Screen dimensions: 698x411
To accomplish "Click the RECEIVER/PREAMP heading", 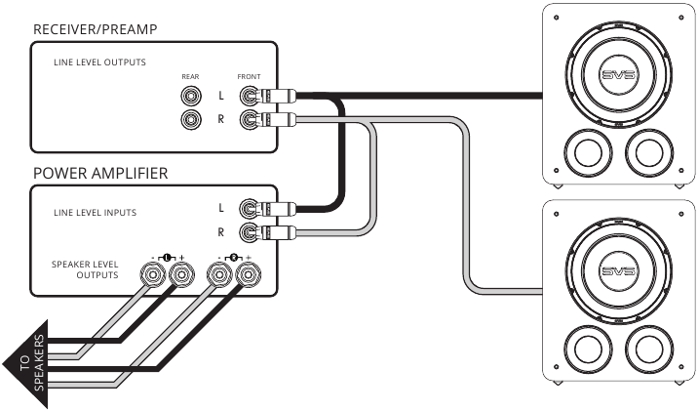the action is [96, 29].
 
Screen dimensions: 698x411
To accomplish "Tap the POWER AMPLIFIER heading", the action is [100, 173].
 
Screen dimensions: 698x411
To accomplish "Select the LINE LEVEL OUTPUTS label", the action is [99, 62].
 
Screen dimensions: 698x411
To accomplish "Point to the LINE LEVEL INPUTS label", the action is [95, 213].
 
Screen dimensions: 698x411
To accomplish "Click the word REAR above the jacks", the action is [190, 77].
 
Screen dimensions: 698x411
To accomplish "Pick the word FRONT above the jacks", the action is [249, 77].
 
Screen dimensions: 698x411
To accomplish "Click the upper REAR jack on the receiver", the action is [191, 96].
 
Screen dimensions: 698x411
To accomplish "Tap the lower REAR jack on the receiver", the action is [191, 119].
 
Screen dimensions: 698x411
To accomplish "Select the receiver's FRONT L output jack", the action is [250, 95].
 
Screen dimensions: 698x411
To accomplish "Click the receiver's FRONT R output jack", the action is [250, 119].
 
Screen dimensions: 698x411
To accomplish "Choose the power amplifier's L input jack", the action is [250, 208].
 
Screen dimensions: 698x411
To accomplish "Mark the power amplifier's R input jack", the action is [250, 231].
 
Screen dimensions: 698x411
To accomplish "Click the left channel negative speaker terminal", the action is [153, 274].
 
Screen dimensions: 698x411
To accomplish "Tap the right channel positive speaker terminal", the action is [248, 274].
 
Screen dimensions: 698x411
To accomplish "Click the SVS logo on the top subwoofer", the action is [618, 75].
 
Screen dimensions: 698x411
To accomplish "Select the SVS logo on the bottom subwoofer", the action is [618, 271].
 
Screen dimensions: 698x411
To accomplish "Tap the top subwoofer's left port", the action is [588, 152].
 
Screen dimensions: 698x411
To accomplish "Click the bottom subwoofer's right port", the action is [649, 349].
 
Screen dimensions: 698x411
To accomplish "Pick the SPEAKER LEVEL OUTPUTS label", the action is [85, 269].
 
